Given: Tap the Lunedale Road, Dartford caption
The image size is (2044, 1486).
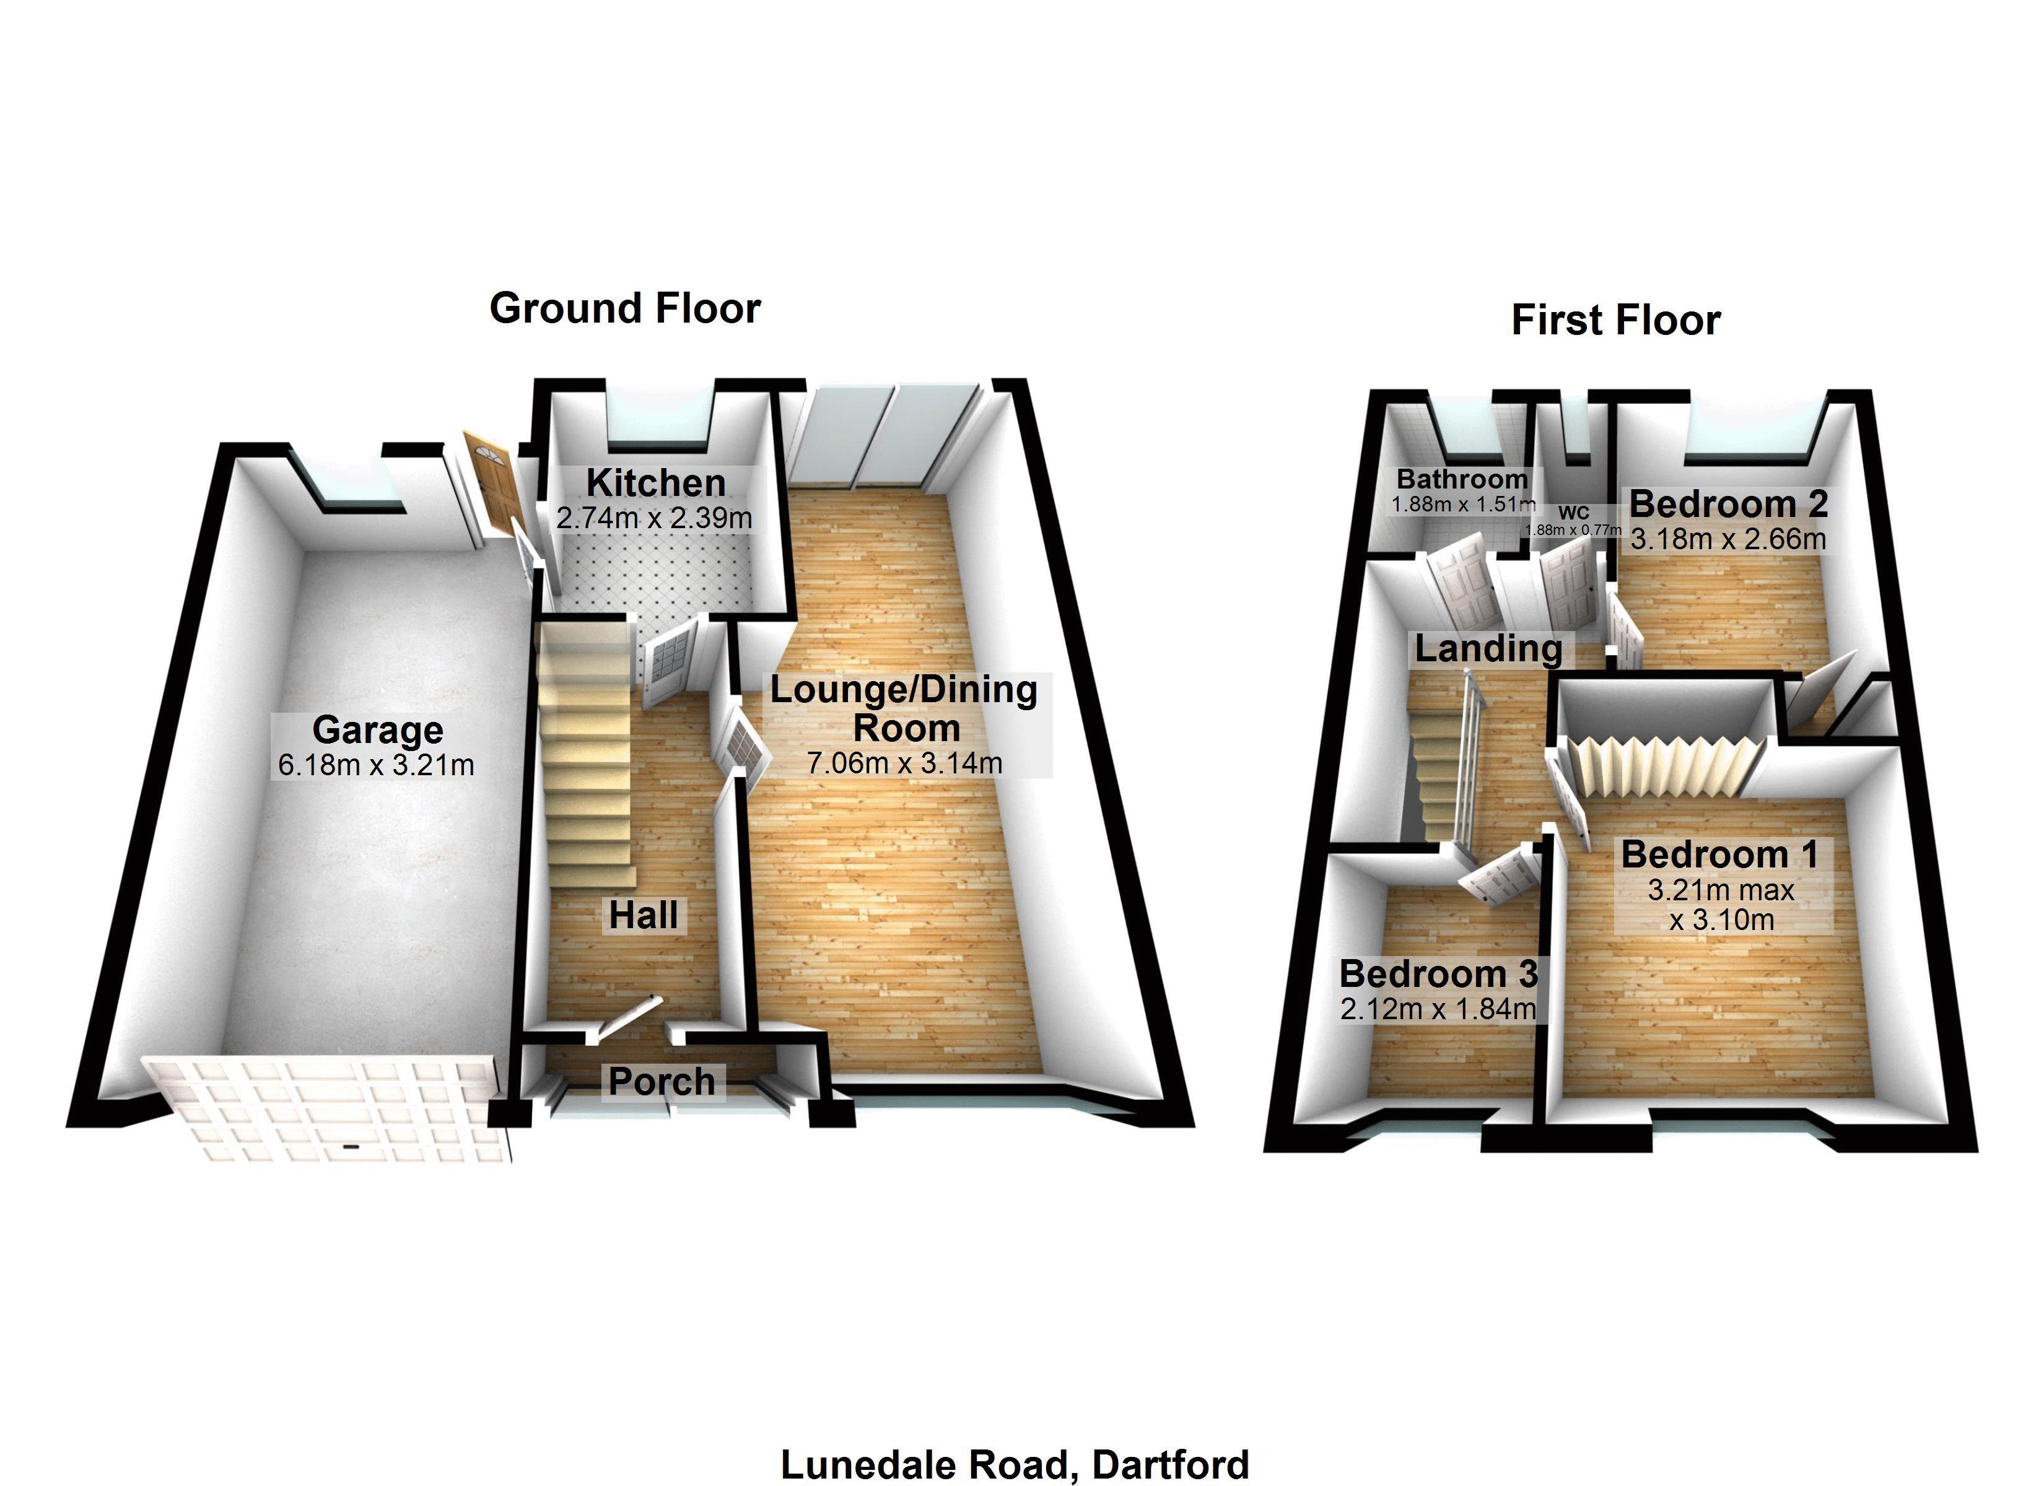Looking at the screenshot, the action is point(1014,1464).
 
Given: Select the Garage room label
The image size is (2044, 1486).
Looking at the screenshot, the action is point(378,729).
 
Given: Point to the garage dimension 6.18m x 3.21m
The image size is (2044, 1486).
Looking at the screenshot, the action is point(376,765).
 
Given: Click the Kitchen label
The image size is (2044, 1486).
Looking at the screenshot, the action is point(655,483).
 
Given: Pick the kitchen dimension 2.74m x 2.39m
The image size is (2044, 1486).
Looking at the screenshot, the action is point(653,518).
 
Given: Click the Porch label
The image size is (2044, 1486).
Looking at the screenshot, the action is point(662,1082).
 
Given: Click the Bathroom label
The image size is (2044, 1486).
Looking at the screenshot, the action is point(1462,479).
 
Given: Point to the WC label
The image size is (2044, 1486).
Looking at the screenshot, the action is point(1573,513).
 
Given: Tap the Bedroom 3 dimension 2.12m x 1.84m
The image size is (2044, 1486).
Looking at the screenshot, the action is point(1438,1009).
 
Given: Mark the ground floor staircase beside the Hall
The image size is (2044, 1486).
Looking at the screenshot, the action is point(586,748).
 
